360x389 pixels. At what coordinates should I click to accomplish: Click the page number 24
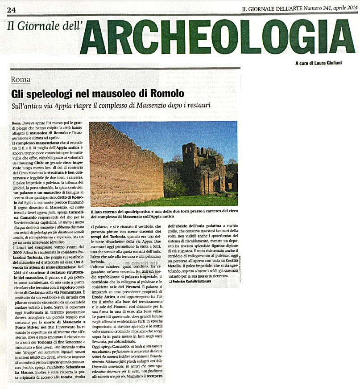(x=12, y=10)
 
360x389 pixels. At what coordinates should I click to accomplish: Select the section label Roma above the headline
(x=21, y=79)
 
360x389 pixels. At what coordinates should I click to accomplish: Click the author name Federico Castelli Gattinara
(x=201, y=282)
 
